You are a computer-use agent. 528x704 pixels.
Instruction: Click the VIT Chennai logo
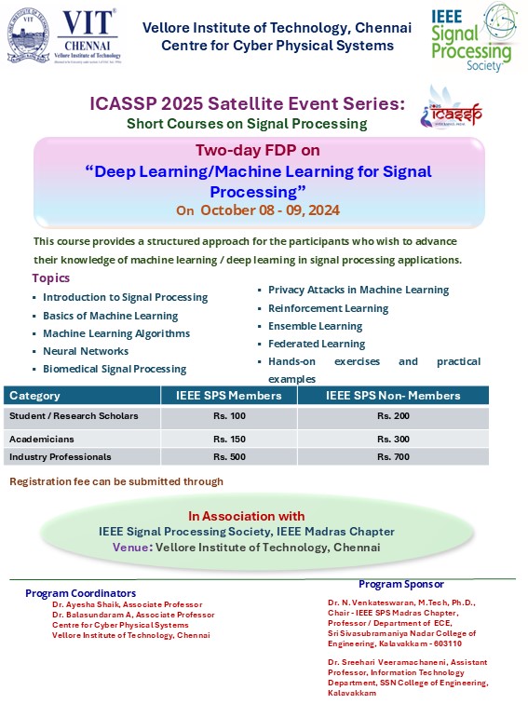[62, 36]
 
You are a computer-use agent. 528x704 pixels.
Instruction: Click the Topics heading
[50, 278]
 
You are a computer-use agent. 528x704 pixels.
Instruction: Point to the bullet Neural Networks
[86, 351]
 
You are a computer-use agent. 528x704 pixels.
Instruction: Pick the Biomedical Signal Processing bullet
[115, 369]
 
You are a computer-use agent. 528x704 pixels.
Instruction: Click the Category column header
[35, 396]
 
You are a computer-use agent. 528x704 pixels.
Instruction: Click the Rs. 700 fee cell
[392, 457]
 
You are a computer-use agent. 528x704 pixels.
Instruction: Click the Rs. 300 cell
[392, 438]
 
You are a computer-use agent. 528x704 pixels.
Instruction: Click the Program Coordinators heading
[81, 593]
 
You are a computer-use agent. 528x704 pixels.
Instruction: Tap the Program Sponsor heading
[401, 584]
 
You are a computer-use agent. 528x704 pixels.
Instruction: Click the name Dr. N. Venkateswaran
[372, 602]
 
